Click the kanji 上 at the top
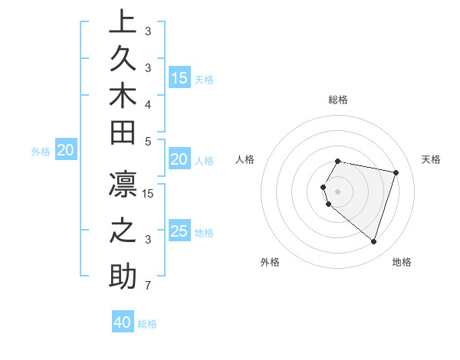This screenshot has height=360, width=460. point(123,23)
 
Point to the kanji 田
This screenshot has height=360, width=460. point(123,137)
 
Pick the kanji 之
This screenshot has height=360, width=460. point(123,233)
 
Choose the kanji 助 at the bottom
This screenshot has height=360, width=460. point(123,277)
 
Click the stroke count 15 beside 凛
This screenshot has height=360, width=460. point(148,194)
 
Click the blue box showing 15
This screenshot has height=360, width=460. point(179,78)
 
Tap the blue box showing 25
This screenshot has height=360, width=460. point(179,231)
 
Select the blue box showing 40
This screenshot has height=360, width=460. point(123,322)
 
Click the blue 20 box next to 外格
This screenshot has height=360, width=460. point(66,151)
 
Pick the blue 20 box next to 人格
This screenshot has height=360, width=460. point(179,159)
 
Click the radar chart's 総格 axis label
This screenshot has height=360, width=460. point(338,100)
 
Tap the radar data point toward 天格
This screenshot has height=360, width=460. point(396,172)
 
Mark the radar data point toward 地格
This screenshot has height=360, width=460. point(373,242)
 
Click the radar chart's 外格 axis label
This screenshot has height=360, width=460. point(270,262)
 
